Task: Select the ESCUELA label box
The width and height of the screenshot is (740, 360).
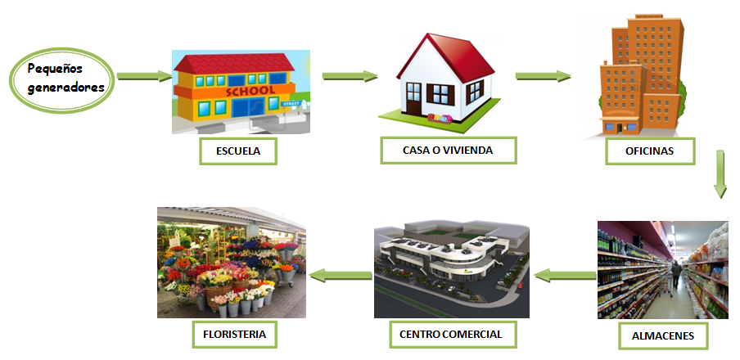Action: click(x=239, y=151)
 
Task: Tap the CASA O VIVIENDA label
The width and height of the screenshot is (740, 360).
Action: click(x=448, y=151)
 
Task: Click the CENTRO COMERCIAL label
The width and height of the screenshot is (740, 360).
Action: click(x=451, y=334)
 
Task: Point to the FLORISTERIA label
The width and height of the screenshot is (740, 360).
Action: click(x=234, y=334)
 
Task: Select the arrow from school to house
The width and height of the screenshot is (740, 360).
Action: click(x=350, y=77)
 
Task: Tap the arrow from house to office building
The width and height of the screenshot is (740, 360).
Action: click(x=543, y=77)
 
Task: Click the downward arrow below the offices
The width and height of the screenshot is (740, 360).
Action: click(x=720, y=173)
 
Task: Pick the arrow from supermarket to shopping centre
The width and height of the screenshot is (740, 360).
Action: click(x=564, y=276)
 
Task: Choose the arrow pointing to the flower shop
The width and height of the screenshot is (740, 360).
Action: click(x=338, y=276)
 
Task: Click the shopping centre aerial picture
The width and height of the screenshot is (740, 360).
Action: click(x=451, y=270)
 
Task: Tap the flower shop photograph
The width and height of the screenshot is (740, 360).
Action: click(x=231, y=262)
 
